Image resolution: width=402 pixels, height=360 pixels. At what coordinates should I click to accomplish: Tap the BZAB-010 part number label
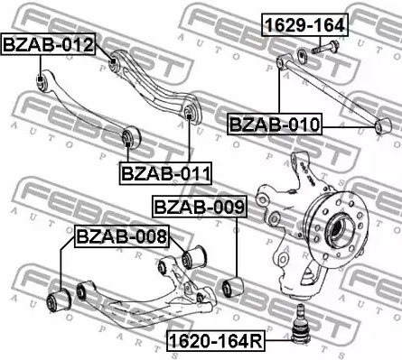coord(274,125)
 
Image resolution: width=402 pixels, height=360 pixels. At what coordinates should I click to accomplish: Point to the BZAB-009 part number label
coord(199,208)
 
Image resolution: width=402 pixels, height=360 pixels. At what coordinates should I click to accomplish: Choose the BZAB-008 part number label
coord(121,237)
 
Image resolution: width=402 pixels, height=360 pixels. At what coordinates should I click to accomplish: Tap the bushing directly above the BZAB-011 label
coord(131,137)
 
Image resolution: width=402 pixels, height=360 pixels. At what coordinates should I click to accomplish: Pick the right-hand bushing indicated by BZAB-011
coord(189,113)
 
